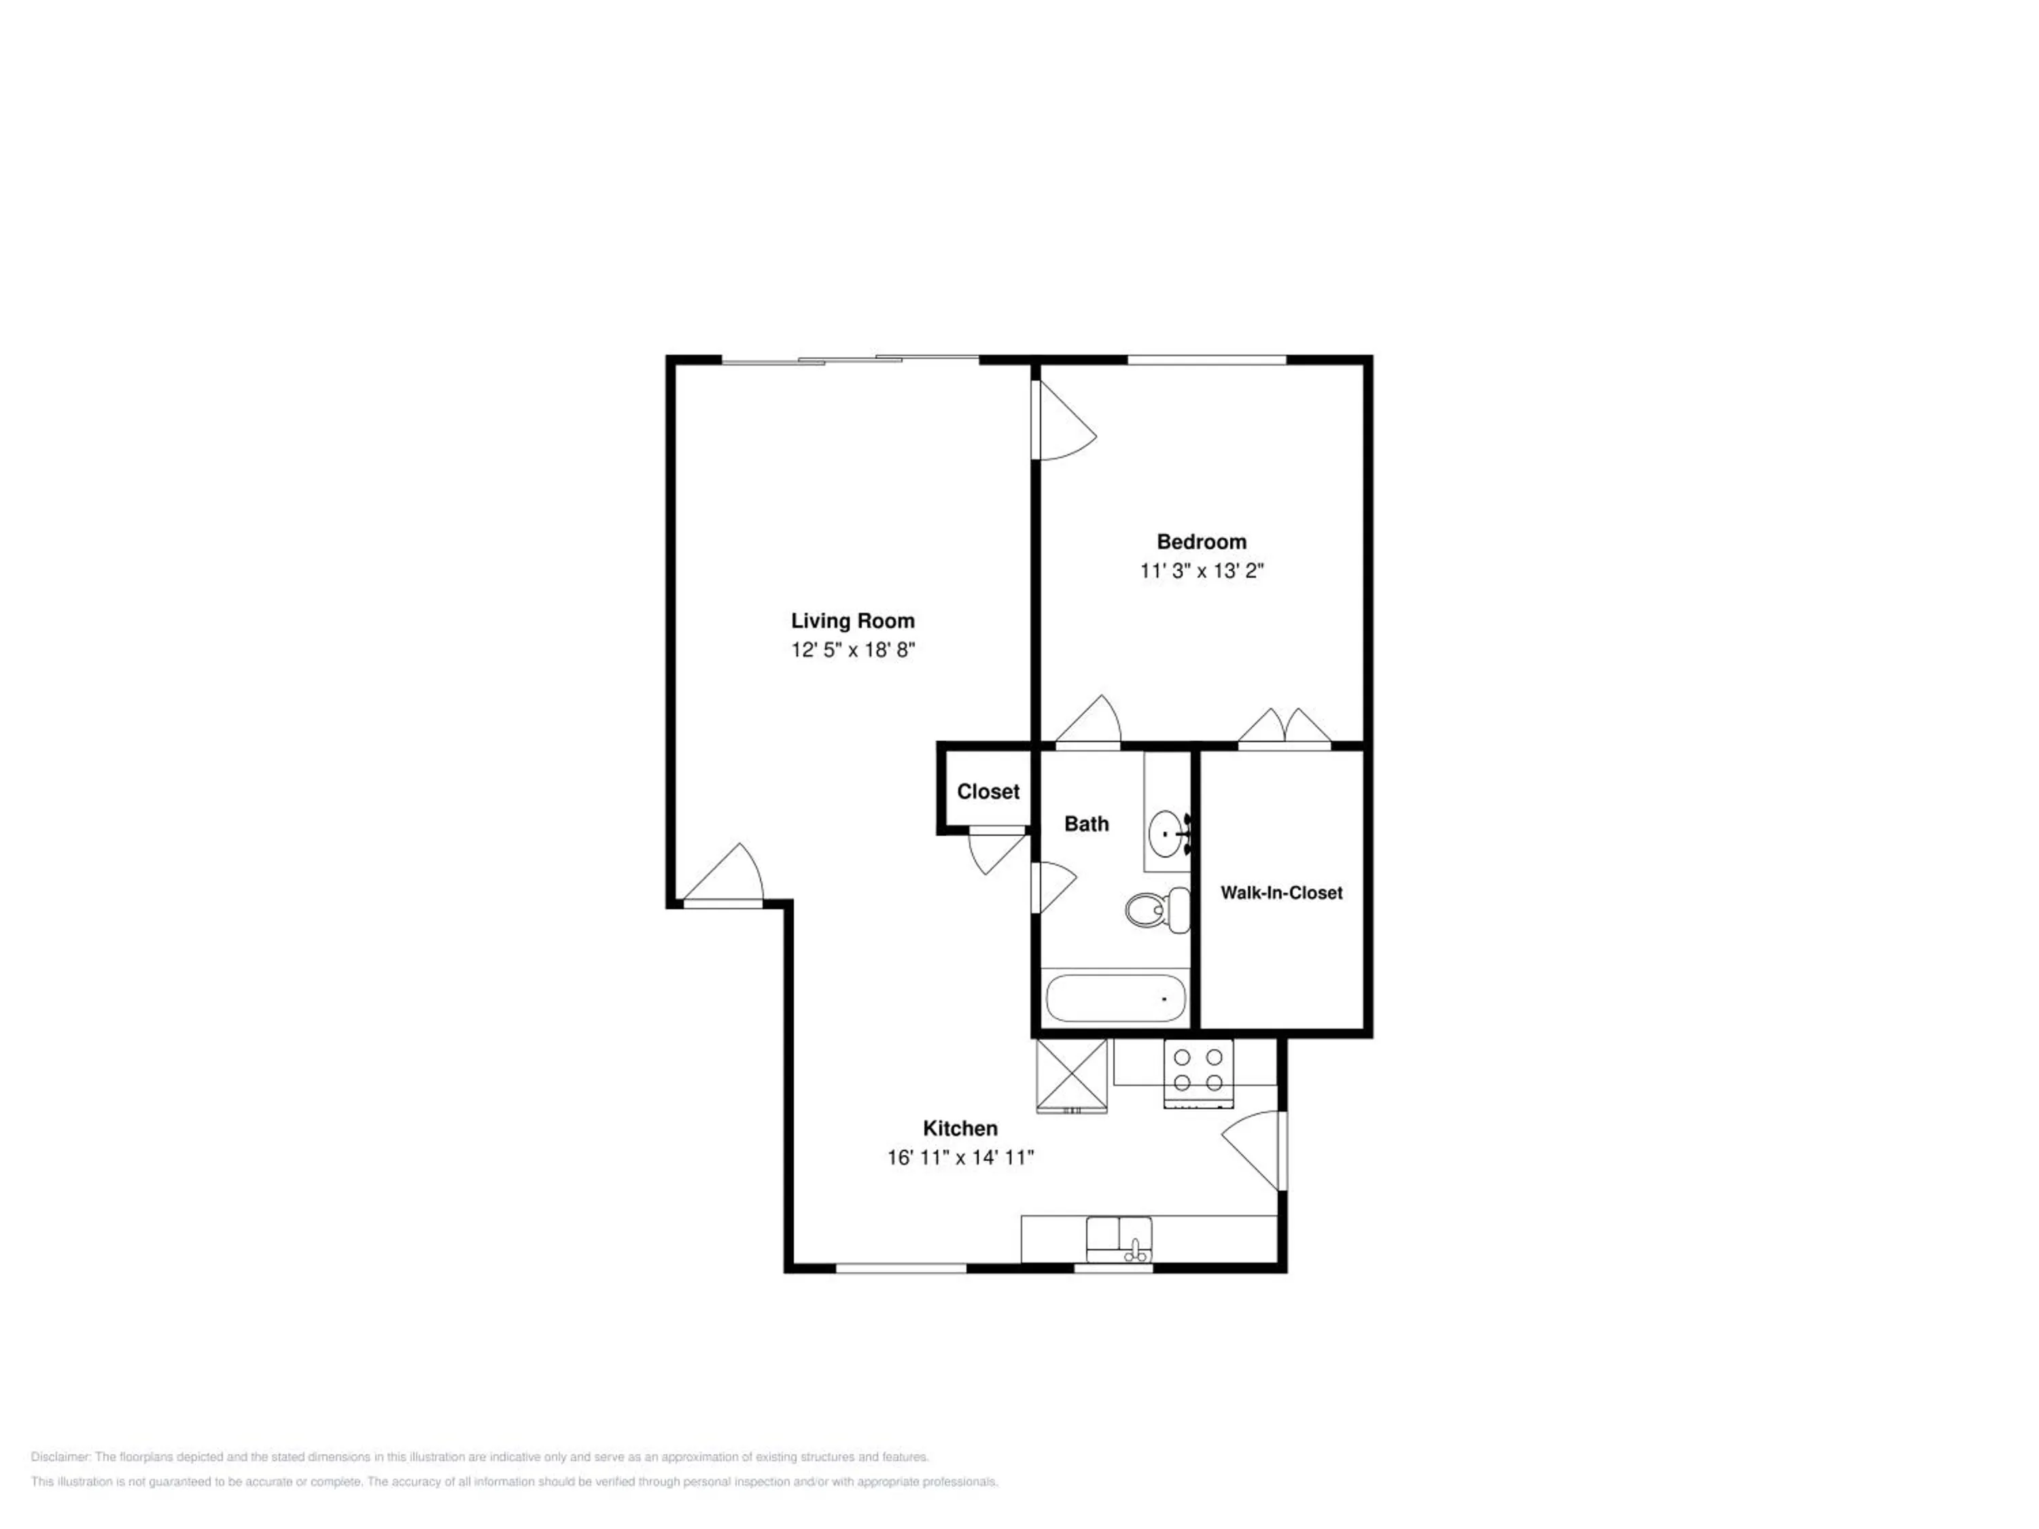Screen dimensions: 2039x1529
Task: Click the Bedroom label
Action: click(x=1201, y=542)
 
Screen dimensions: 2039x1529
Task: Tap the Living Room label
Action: click(x=853, y=621)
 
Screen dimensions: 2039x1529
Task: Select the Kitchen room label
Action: click(x=960, y=1128)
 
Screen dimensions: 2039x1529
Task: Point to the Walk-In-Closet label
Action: click(x=1281, y=892)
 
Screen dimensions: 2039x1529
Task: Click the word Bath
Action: click(x=1087, y=824)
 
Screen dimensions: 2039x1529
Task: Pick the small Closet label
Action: click(x=988, y=792)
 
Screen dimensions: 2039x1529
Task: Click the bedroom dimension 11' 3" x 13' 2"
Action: click(x=1201, y=571)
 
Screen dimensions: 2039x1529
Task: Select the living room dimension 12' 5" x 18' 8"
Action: click(x=853, y=650)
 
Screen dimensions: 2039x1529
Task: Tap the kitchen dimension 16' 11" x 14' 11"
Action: click(x=960, y=1157)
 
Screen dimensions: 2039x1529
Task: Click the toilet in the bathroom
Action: click(x=1157, y=910)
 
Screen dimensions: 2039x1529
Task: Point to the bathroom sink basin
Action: click(x=1170, y=833)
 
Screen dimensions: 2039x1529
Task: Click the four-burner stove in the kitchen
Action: click(x=1198, y=1073)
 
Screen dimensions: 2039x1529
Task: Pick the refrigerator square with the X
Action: click(x=1072, y=1076)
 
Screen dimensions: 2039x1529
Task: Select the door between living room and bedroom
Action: click(x=1064, y=420)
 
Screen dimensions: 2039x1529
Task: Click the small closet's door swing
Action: click(x=996, y=849)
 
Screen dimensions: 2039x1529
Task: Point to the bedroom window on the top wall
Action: click(x=1206, y=360)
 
